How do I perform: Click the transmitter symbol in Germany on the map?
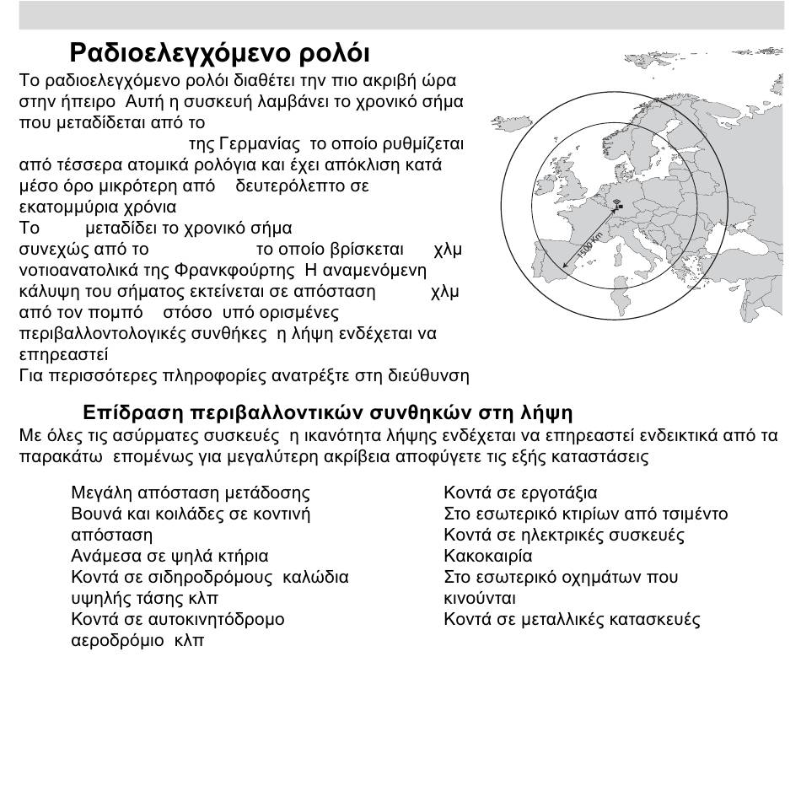[x=616, y=205]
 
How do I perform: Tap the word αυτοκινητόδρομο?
[x=215, y=620]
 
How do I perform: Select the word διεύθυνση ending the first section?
[x=429, y=375]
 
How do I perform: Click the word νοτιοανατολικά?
[x=76, y=271]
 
